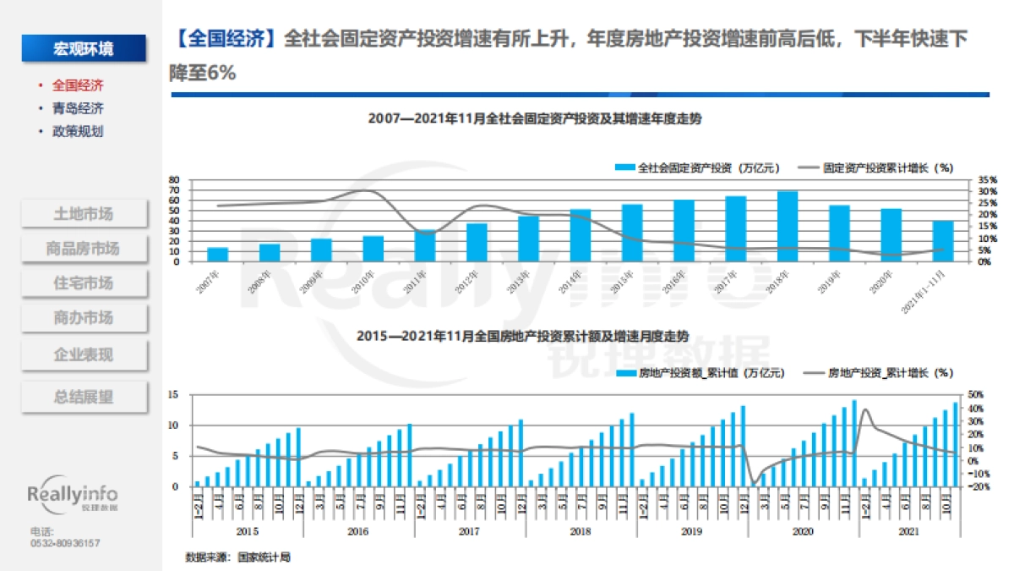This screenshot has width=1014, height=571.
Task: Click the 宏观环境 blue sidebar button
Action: [83, 49]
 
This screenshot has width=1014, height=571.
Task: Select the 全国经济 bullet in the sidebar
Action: [78, 85]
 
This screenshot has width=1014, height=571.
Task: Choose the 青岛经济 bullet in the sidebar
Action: [78, 108]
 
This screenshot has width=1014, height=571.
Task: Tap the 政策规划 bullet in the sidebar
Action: [78, 131]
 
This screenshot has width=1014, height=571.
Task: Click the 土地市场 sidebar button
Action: [83, 214]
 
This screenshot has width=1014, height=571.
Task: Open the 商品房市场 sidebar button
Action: [83, 249]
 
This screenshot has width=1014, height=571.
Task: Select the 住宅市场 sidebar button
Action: [83, 283]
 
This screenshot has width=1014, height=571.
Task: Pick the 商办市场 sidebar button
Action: [83, 318]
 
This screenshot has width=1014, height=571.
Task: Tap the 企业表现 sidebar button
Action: [83, 354]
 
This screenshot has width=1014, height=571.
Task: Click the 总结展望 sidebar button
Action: [83, 397]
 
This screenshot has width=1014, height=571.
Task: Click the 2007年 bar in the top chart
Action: [218, 254]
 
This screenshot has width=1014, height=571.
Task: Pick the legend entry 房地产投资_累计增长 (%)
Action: [879, 372]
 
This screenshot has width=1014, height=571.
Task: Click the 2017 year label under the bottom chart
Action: [470, 530]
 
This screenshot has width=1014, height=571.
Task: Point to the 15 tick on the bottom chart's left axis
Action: [173, 395]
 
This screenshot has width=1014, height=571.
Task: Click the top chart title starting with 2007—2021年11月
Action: [534, 119]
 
